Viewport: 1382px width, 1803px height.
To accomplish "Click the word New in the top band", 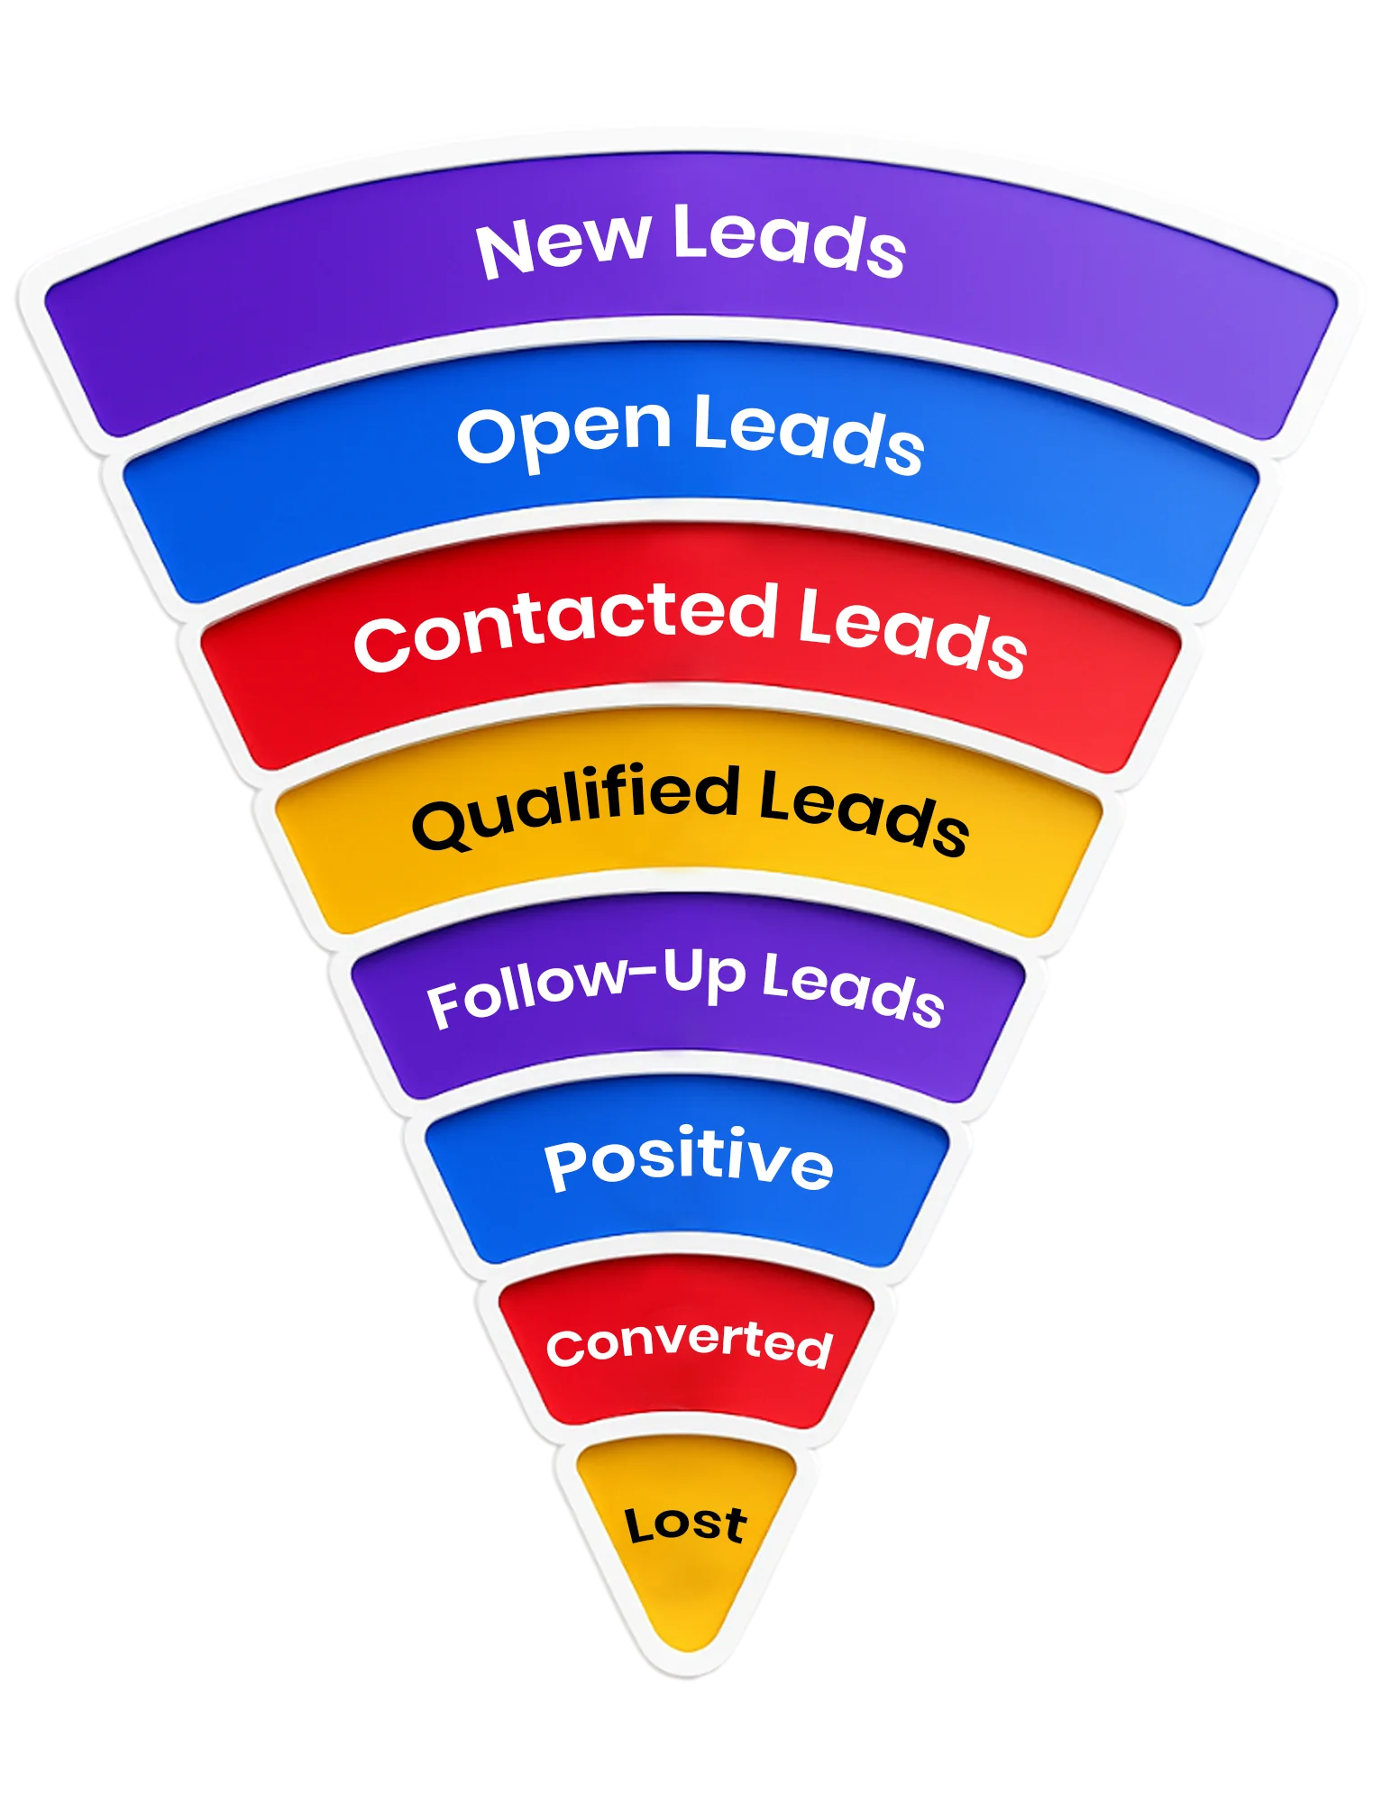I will (x=563, y=245).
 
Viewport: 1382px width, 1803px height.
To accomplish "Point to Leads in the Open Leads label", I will (x=808, y=435).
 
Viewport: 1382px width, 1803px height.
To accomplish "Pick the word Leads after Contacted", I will (x=911, y=631).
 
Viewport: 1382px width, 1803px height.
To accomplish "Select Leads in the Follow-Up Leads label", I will (x=852, y=989).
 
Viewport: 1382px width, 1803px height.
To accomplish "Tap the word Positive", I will (x=689, y=1160).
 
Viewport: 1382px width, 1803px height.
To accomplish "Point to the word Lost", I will (x=686, y=1524).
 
